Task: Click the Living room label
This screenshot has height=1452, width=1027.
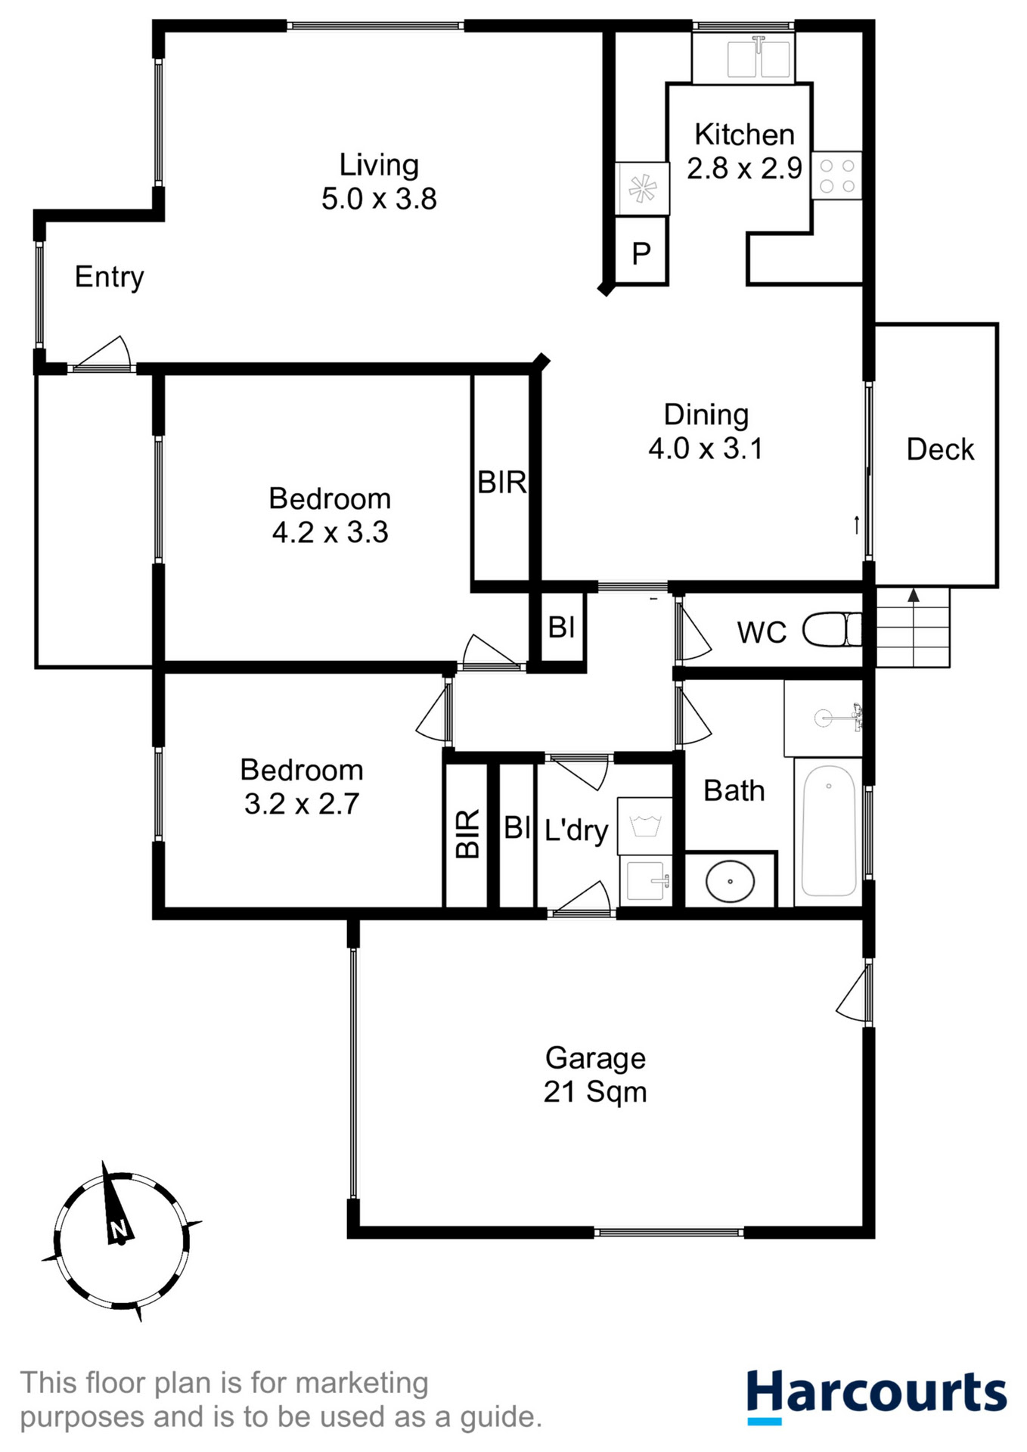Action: pos(378,165)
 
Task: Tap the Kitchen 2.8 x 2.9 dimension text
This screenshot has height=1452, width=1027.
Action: pos(744,168)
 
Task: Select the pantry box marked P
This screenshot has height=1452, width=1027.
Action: pos(641,253)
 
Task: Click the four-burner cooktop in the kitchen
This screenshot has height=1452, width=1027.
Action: pos(837,175)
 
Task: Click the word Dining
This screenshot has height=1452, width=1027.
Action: pos(706,414)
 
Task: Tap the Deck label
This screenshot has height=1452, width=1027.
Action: pos(940,449)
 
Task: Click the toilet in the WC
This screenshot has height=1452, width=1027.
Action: pos(832,629)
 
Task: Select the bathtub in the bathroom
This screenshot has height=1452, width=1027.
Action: pos(829,830)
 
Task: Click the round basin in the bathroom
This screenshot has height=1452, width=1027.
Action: pos(730,881)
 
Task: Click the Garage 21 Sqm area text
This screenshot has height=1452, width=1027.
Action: pos(595,1091)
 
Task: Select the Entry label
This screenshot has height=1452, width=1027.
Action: pos(110,277)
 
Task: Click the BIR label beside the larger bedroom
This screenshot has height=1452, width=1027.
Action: pos(501,482)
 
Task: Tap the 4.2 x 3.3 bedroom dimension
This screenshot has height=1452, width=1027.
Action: pos(330,532)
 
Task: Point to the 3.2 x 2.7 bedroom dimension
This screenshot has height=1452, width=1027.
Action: pos(301,803)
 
